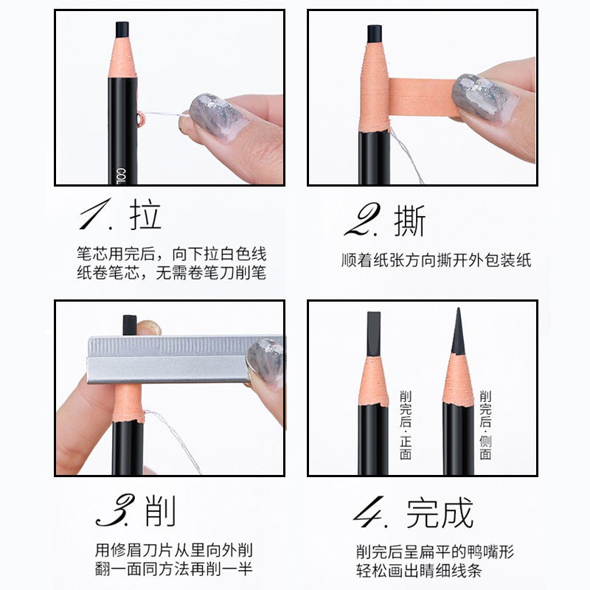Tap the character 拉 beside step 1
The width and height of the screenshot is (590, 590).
(145, 215)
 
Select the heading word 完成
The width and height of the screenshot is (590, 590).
(440, 512)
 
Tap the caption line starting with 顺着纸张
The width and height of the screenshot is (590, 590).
(437, 260)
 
